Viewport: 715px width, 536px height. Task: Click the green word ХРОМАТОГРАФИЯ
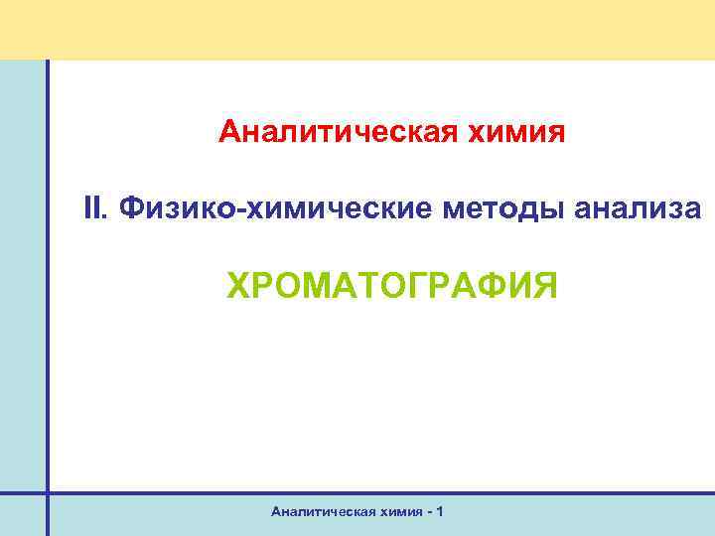pos(392,286)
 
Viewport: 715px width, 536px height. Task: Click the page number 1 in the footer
pos(440,511)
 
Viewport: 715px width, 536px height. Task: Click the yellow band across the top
pos(357,28)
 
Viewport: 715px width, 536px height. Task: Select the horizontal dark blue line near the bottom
pos(377,491)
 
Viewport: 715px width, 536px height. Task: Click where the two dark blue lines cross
pos(46,491)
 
